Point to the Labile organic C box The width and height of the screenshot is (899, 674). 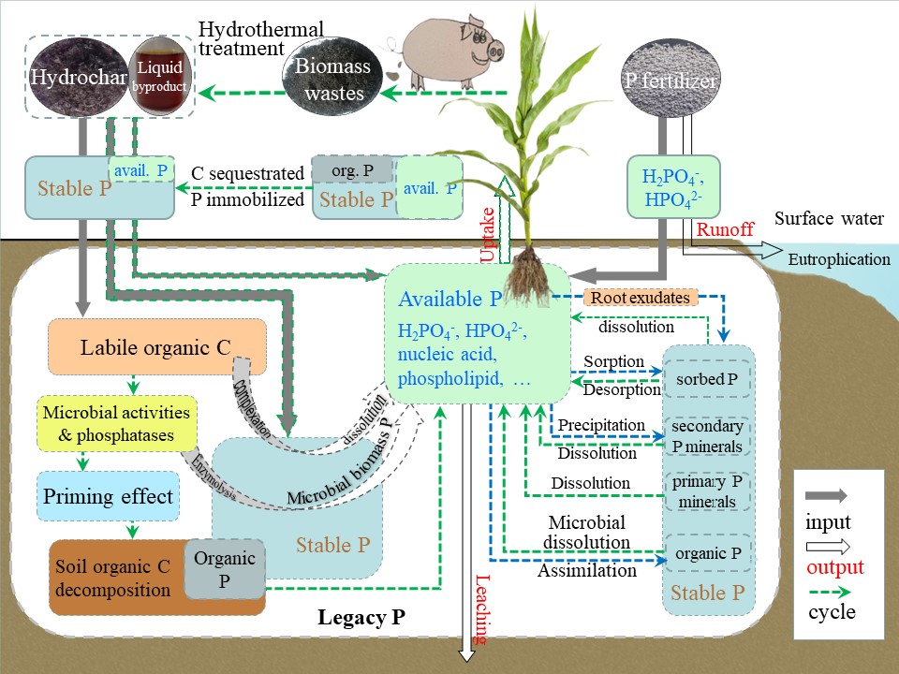point(156,348)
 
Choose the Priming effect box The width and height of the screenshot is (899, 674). point(109,495)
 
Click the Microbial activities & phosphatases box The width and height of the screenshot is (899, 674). point(116,423)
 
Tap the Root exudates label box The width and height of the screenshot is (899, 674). point(641,298)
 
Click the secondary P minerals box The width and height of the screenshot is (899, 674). point(708,435)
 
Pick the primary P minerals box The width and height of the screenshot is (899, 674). point(708,491)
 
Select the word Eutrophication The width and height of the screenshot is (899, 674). point(839,259)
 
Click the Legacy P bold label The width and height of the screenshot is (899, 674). point(360,617)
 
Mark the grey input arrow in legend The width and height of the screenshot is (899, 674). point(828,495)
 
